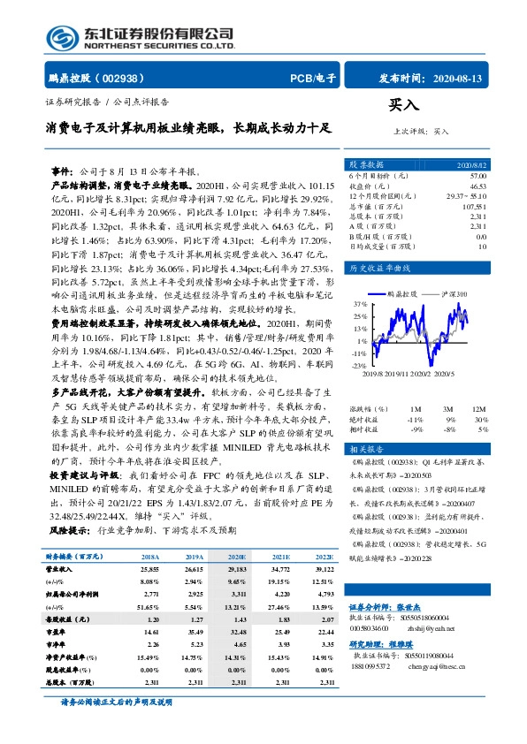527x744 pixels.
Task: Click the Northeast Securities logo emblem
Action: pyautogui.click(x=62, y=35)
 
